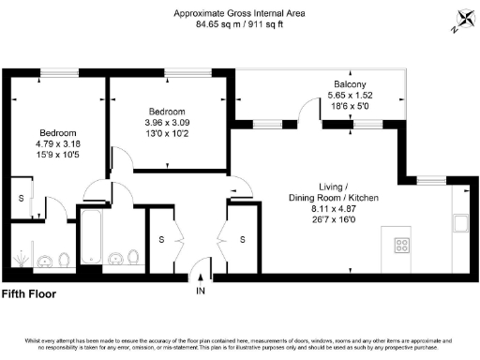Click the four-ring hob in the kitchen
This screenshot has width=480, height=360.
(x=402, y=247)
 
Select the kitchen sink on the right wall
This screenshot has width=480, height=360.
(x=459, y=223)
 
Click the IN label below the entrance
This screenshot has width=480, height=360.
(x=200, y=291)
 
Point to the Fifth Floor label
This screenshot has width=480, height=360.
(x=29, y=293)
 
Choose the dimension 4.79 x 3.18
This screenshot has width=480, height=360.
(x=57, y=143)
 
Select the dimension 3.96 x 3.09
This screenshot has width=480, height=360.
(x=167, y=122)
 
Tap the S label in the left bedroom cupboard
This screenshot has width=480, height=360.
(x=21, y=198)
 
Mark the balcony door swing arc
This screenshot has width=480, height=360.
(x=307, y=110)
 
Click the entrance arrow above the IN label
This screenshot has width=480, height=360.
(x=200, y=276)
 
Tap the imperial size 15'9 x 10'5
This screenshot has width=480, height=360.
(x=57, y=155)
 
